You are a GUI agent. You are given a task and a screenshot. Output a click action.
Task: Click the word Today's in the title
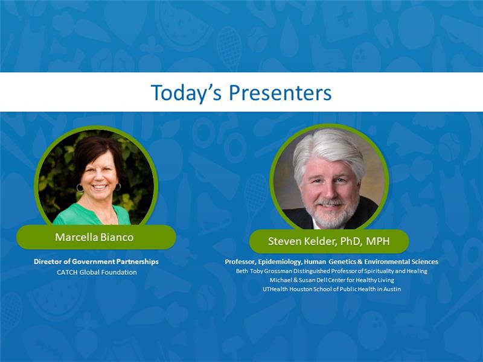pyautogui.click(x=186, y=93)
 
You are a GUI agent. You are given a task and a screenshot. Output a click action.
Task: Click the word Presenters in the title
pyautogui.click(x=280, y=93)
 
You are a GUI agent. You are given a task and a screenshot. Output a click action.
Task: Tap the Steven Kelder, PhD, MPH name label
pyautogui.click(x=328, y=241)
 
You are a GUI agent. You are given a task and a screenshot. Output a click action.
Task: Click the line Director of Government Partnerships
pyautogui.click(x=96, y=262)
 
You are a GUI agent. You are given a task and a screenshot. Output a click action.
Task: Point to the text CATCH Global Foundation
pyautogui.click(x=97, y=272)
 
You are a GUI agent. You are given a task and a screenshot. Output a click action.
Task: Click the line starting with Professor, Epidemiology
pyautogui.click(x=331, y=262)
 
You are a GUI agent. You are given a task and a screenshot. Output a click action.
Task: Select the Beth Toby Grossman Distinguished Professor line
pyautogui.click(x=331, y=271)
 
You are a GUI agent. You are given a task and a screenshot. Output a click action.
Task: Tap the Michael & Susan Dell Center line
pyautogui.click(x=331, y=280)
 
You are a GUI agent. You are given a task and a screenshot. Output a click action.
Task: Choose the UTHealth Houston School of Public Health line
pyautogui.click(x=331, y=289)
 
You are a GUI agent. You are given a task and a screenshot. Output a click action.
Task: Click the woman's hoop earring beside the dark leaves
pyautogui.click(x=80, y=188)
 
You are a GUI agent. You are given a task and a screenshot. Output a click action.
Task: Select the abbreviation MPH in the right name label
pyautogui.click(x=378, y=241)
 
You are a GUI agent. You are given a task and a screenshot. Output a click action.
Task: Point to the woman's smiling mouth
pyautogui.click(x=100, y=186)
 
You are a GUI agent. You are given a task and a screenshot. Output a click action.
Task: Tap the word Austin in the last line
pyautogui.click(x=392, y=289)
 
